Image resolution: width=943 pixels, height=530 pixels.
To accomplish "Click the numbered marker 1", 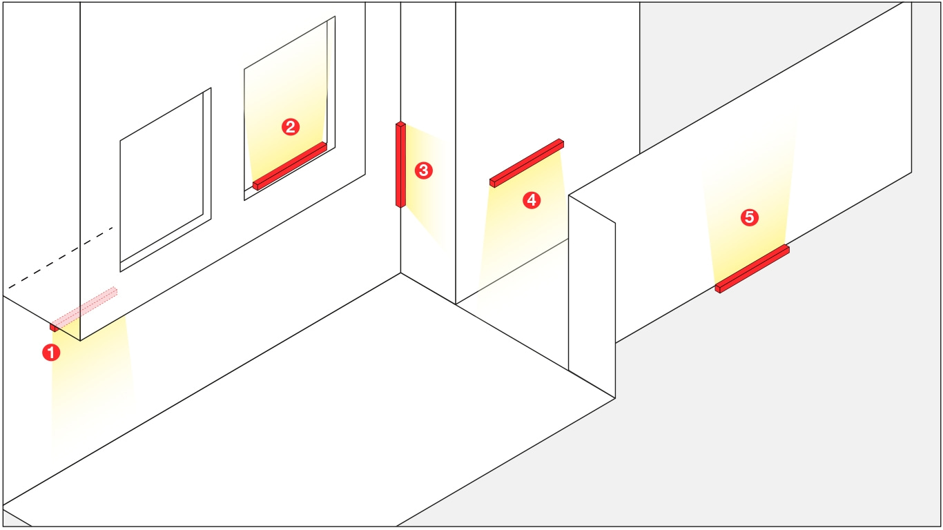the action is pyautogui.click(x=51, y=353).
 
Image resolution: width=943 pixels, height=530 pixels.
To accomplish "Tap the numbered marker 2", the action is pyautogui.click(x=291, y=127).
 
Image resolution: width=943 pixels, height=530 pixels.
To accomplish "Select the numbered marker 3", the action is pyautogui.click(x=423, y=170).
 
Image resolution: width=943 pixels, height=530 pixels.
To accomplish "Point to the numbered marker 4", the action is pyautogui.click(x=532, y=200).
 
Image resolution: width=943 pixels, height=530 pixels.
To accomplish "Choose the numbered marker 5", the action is pyautogui.click(x=749, y=217).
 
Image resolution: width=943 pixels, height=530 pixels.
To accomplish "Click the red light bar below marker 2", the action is pyautogui.click(x=290, y=166).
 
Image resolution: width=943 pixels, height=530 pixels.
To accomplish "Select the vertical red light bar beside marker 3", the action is pyautogui.click(x=400, y=165).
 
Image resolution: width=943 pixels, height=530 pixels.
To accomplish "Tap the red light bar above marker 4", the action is pyautogui.click(x=527, y=163).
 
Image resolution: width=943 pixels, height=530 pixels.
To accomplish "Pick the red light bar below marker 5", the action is pyautogui.click(x=752, y=268).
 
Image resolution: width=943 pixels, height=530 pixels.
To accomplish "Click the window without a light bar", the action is pyautogui.click(x=166, y=179).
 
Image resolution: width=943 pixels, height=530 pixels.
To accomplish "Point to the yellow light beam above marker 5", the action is pyautogui.click(x=749, y=202).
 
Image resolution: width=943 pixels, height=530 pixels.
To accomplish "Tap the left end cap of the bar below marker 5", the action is pyautogui.click(x=718, y=289).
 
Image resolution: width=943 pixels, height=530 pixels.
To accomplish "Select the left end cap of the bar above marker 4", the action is pyautogui.click(x=492, y=183).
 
